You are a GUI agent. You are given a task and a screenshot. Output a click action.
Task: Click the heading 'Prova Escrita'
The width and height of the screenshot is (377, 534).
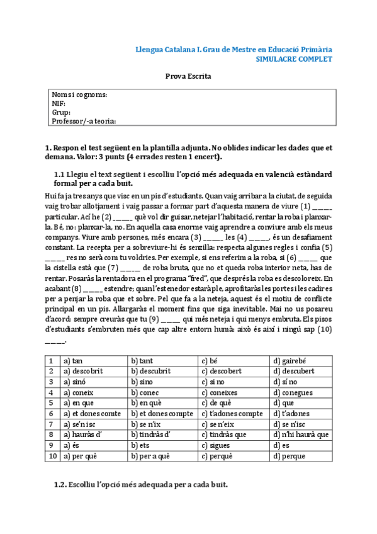click(188, 76)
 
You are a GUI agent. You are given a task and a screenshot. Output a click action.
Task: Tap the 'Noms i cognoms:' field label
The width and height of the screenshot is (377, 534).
click(79, 94)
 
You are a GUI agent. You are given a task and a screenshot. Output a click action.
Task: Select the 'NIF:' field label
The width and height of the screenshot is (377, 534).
click(59, 103)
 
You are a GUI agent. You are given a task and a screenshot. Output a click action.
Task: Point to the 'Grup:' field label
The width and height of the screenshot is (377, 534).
click(61, 112)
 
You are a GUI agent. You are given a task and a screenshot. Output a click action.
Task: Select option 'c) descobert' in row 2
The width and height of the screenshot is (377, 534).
click(223, 372)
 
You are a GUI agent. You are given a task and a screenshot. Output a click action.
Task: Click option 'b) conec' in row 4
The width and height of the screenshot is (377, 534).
click(146, 392)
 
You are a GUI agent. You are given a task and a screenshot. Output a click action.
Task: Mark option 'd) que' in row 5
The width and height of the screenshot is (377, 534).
click(283, 402)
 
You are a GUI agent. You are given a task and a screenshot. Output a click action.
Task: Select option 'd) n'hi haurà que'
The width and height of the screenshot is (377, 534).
click(301, 434)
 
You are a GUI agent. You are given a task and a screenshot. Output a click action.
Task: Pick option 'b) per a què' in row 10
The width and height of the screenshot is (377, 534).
click(151, 455)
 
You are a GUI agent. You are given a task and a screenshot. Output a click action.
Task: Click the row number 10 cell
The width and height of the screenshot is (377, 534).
click(51, 455)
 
